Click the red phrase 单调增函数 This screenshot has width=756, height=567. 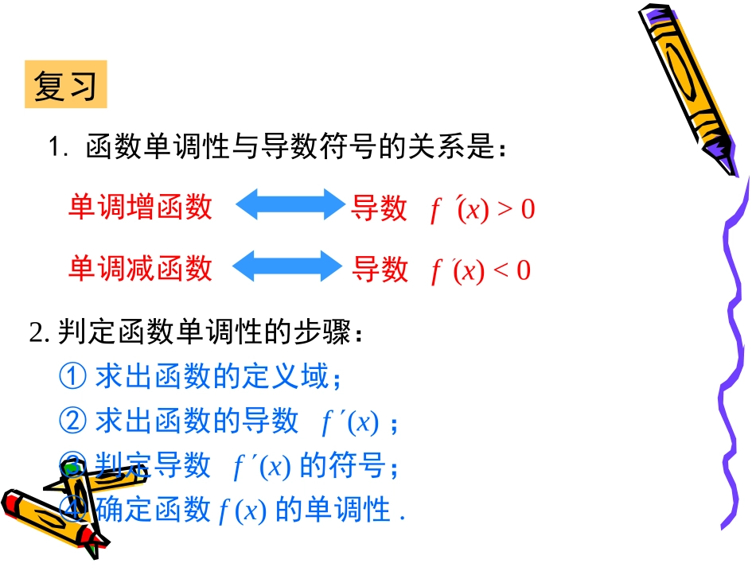pos(140,207)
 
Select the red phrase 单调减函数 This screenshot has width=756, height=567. pos(140,268)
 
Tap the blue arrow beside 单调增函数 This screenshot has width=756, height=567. pos(288,204)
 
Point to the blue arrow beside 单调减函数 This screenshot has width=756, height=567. pos(285,266)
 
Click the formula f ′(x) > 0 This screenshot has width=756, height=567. pos(482,210)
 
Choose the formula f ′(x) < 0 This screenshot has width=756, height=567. pos(480,270)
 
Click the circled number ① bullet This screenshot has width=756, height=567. pos(72,376)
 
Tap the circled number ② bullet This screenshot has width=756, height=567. pos(72,420)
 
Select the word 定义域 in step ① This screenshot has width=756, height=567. pos(300,376)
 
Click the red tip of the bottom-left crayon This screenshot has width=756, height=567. pos(11,502)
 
